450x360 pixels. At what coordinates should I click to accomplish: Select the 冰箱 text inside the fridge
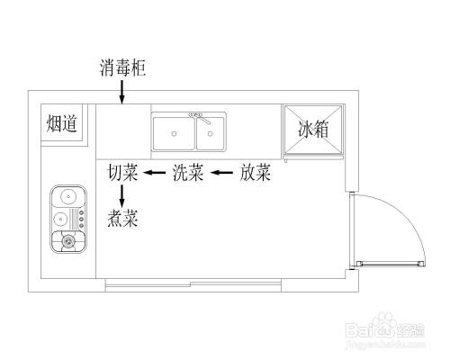click(313, 130)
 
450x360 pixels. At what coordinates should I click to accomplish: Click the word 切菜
click(122, 173)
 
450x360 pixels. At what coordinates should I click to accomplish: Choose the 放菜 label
click(255, 173)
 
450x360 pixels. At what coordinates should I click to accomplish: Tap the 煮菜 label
click(122, 218)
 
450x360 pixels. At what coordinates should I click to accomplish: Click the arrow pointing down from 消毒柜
click(121, 92)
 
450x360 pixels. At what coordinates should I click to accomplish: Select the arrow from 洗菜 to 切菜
click(155, 173)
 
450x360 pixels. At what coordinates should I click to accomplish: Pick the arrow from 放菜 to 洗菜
click(221, 173)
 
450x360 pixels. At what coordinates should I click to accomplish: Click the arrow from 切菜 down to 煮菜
click(122, 195)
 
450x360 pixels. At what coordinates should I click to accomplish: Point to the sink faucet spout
click(204, 121)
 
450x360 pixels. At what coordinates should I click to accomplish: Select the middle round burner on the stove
click(62, 217)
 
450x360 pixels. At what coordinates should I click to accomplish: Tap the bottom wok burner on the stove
click(67, 240)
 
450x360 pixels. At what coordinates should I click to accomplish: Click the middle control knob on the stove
click(82, 217)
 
